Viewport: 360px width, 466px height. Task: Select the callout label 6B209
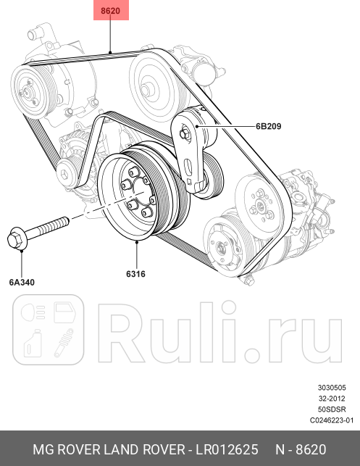(267, 125)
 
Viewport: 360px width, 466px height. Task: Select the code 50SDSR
(332, 409)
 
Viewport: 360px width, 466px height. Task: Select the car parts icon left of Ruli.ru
(47, 329)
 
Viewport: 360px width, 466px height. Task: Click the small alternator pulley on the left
(67, 172)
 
